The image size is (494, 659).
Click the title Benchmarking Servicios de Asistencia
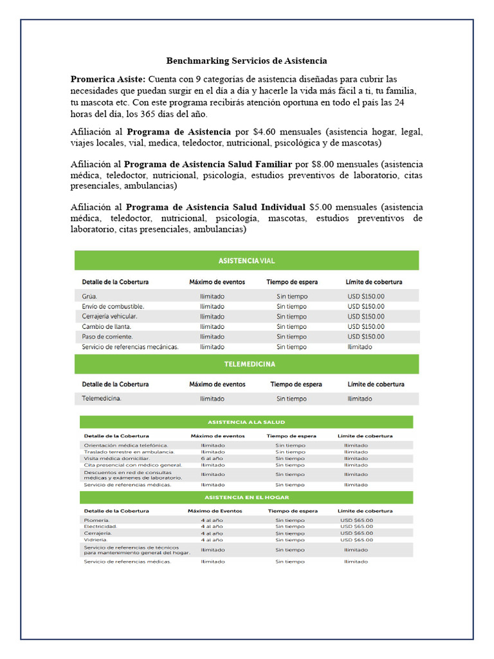[246, 60]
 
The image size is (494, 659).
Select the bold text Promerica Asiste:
[108, 79]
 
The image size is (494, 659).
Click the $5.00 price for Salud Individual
[321, 207]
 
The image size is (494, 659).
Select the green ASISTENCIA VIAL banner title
[246, 261]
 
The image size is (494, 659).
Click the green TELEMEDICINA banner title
[249, 364]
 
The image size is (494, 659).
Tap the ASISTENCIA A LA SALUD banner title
[246, 423]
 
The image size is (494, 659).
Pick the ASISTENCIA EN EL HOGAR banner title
[246, 497]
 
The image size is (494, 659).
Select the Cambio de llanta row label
[106, 326]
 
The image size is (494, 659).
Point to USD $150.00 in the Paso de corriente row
[365, 337]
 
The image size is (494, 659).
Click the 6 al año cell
[211, 458]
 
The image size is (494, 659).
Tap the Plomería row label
[96, 520]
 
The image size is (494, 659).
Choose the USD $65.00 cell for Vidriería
[356, 540]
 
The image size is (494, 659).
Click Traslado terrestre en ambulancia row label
[129, 452]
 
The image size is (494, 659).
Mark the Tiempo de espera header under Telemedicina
[296, 384]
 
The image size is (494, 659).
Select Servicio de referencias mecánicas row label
[130, 347]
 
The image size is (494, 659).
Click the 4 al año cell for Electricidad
[211, 526]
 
